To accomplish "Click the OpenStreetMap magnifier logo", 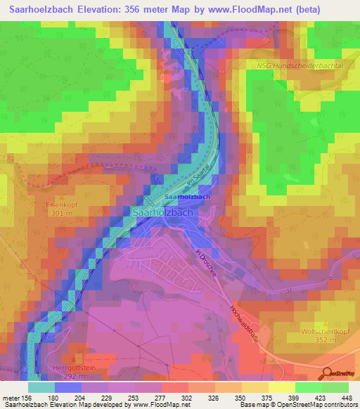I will [x=327, y=372].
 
